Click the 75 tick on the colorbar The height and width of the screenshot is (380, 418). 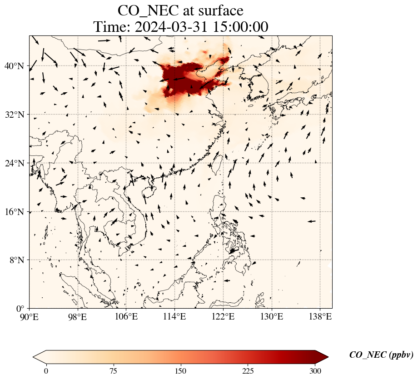tap(113, 371)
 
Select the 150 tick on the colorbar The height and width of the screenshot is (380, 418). tap(181, 371)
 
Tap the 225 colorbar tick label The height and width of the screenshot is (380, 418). tap(248, 371)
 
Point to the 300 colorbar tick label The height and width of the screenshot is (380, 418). tap(315, 371)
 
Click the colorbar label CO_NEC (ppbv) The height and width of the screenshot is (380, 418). tap(381, 355)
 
